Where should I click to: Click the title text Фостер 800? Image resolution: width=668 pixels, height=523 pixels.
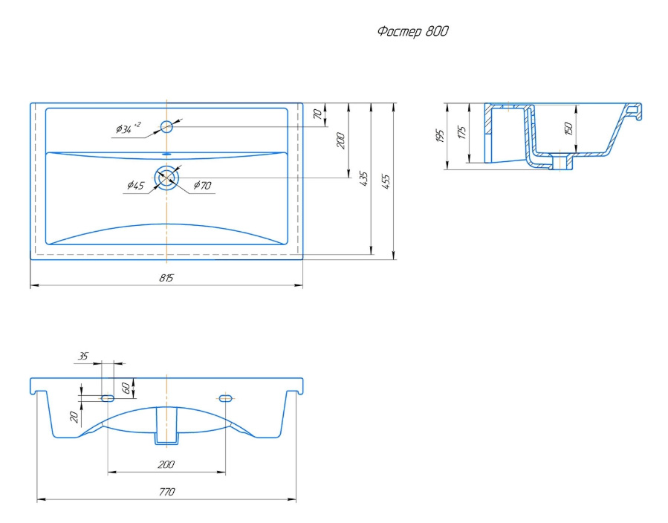pyautogui.click(x=413, y=31)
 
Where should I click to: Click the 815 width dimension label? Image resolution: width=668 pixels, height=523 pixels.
pyautogui.click(x=166, y=278)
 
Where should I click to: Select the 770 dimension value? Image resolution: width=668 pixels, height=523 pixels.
pyautogui.click(x=166, y=492)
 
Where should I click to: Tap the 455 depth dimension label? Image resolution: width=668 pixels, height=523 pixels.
pyautogui.click(x=386, y=181)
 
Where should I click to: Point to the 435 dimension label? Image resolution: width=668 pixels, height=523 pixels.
pyautogui.click(x=363, y=178)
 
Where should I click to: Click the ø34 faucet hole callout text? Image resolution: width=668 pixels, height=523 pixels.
pyautogui.click(x=128, y=127)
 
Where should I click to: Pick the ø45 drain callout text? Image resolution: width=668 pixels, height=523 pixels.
pyautogui.click(x=136, y=185)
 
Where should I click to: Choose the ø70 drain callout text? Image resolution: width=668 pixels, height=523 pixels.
pyautogui.click(x=202, y=185)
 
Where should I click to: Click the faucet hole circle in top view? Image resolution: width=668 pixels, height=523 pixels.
pyautogui.click(x=166, y=126)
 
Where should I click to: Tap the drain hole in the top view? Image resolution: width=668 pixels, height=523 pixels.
pyautogui.click(x=166, y=178)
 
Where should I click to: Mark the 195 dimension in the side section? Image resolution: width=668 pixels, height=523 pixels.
pyautogui.click(x=440, y=135)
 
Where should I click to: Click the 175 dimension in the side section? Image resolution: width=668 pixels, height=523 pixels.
pyautogui.click(x=462, y=132)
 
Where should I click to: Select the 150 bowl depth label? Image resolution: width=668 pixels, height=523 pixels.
pyautogui.click(x=568, y=129)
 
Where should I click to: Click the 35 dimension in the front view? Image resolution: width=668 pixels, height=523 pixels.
pyautogui.click(x=83, y=356)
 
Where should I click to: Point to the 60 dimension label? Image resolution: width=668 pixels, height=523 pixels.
pyautogui.click(x=126, y=388)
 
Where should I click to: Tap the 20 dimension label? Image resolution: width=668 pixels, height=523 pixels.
pyautogui.click(x=74, y=417)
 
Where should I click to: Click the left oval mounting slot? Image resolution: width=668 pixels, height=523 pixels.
pyautogui.click(x=107, y=399)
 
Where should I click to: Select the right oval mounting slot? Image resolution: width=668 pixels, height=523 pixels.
pyautogui.click(x=225, y=399)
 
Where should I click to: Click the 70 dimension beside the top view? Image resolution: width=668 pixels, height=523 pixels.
pyautogui.click(x=317, y=114)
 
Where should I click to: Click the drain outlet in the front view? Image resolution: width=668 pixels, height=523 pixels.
pyautogui.click(x=166, y=426)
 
